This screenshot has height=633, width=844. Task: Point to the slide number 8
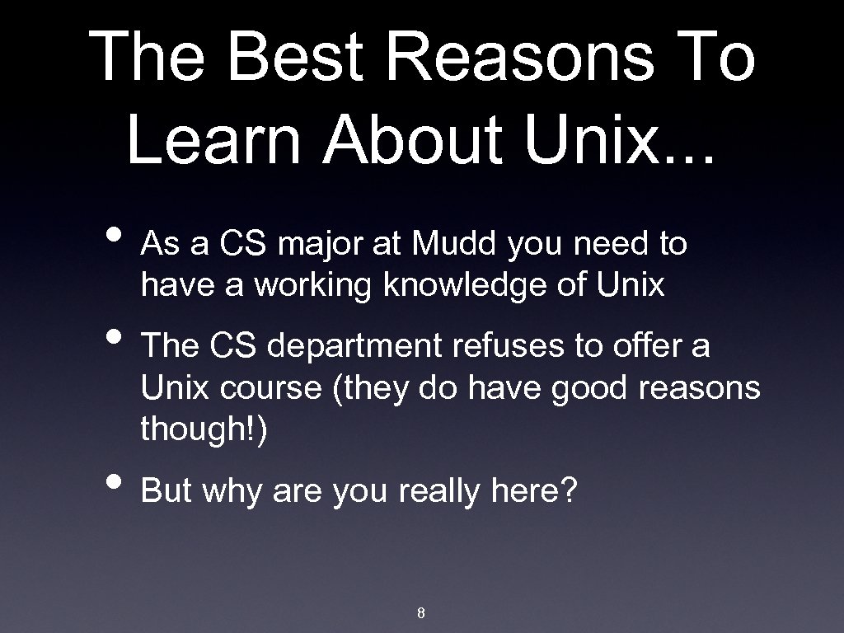421,613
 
